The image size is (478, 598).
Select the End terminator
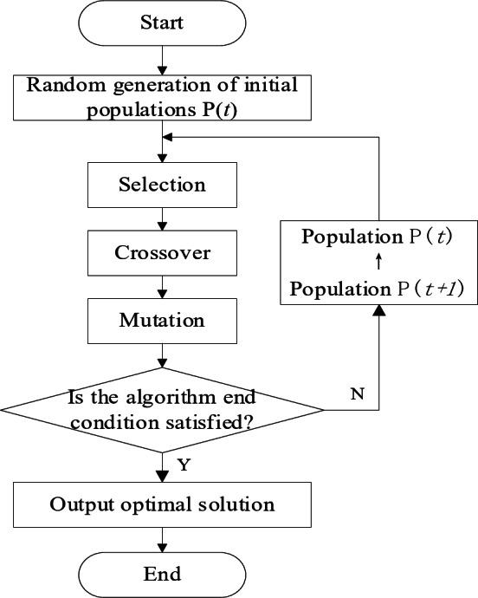click(x=162, y=573)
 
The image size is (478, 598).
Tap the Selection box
click(x=162, y=185)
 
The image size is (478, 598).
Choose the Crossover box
click(x=162, y=253)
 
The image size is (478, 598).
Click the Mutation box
click(x=162, y=320)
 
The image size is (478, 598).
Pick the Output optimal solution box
click(x=162, y=504)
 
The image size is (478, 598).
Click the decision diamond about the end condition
click(x=162, y=409)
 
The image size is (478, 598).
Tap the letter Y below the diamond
click(x=184, y=464)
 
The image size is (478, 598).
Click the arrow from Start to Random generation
click(x=162, y=62)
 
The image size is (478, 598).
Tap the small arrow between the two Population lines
click(x=378, y=263)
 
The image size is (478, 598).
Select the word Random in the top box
click(x=65, y=85)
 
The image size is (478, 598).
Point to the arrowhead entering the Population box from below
click(x=377, y=311)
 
